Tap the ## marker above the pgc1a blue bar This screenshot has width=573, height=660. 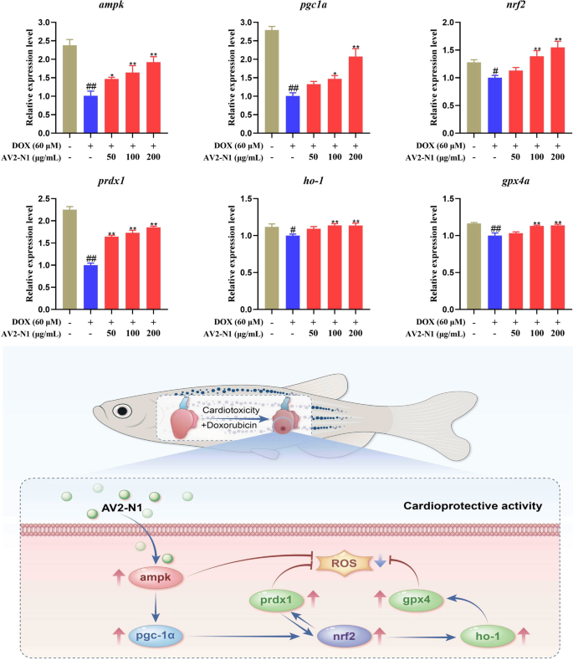(x=293, y=88)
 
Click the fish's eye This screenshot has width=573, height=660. (x=124, y=412)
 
